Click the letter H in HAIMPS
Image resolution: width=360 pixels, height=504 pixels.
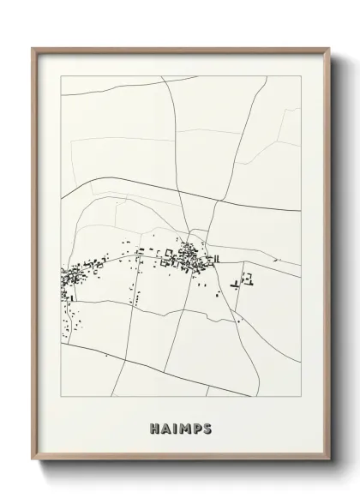click(154, 427)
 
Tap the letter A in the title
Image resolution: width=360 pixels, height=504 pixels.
click(165, 427)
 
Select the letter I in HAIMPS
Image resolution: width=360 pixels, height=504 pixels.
click(174, 427)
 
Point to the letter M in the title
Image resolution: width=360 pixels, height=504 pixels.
click(183, 427)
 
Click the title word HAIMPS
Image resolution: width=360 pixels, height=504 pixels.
click(180, 427)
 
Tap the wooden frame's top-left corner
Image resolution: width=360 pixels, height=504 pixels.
click(33, 48)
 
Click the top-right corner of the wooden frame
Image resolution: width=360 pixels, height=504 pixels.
click(329, 48)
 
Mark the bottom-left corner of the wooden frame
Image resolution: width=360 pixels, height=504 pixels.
click(33, 462)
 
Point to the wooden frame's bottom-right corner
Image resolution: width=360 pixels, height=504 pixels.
click(329, 462)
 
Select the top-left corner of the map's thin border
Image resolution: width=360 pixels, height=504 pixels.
click(61, 76)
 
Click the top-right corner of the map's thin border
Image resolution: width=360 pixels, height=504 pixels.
click(301, 76)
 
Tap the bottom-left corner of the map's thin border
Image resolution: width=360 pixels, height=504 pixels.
click(61, 396)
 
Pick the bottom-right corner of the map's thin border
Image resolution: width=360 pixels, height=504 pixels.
click(301, 396)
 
